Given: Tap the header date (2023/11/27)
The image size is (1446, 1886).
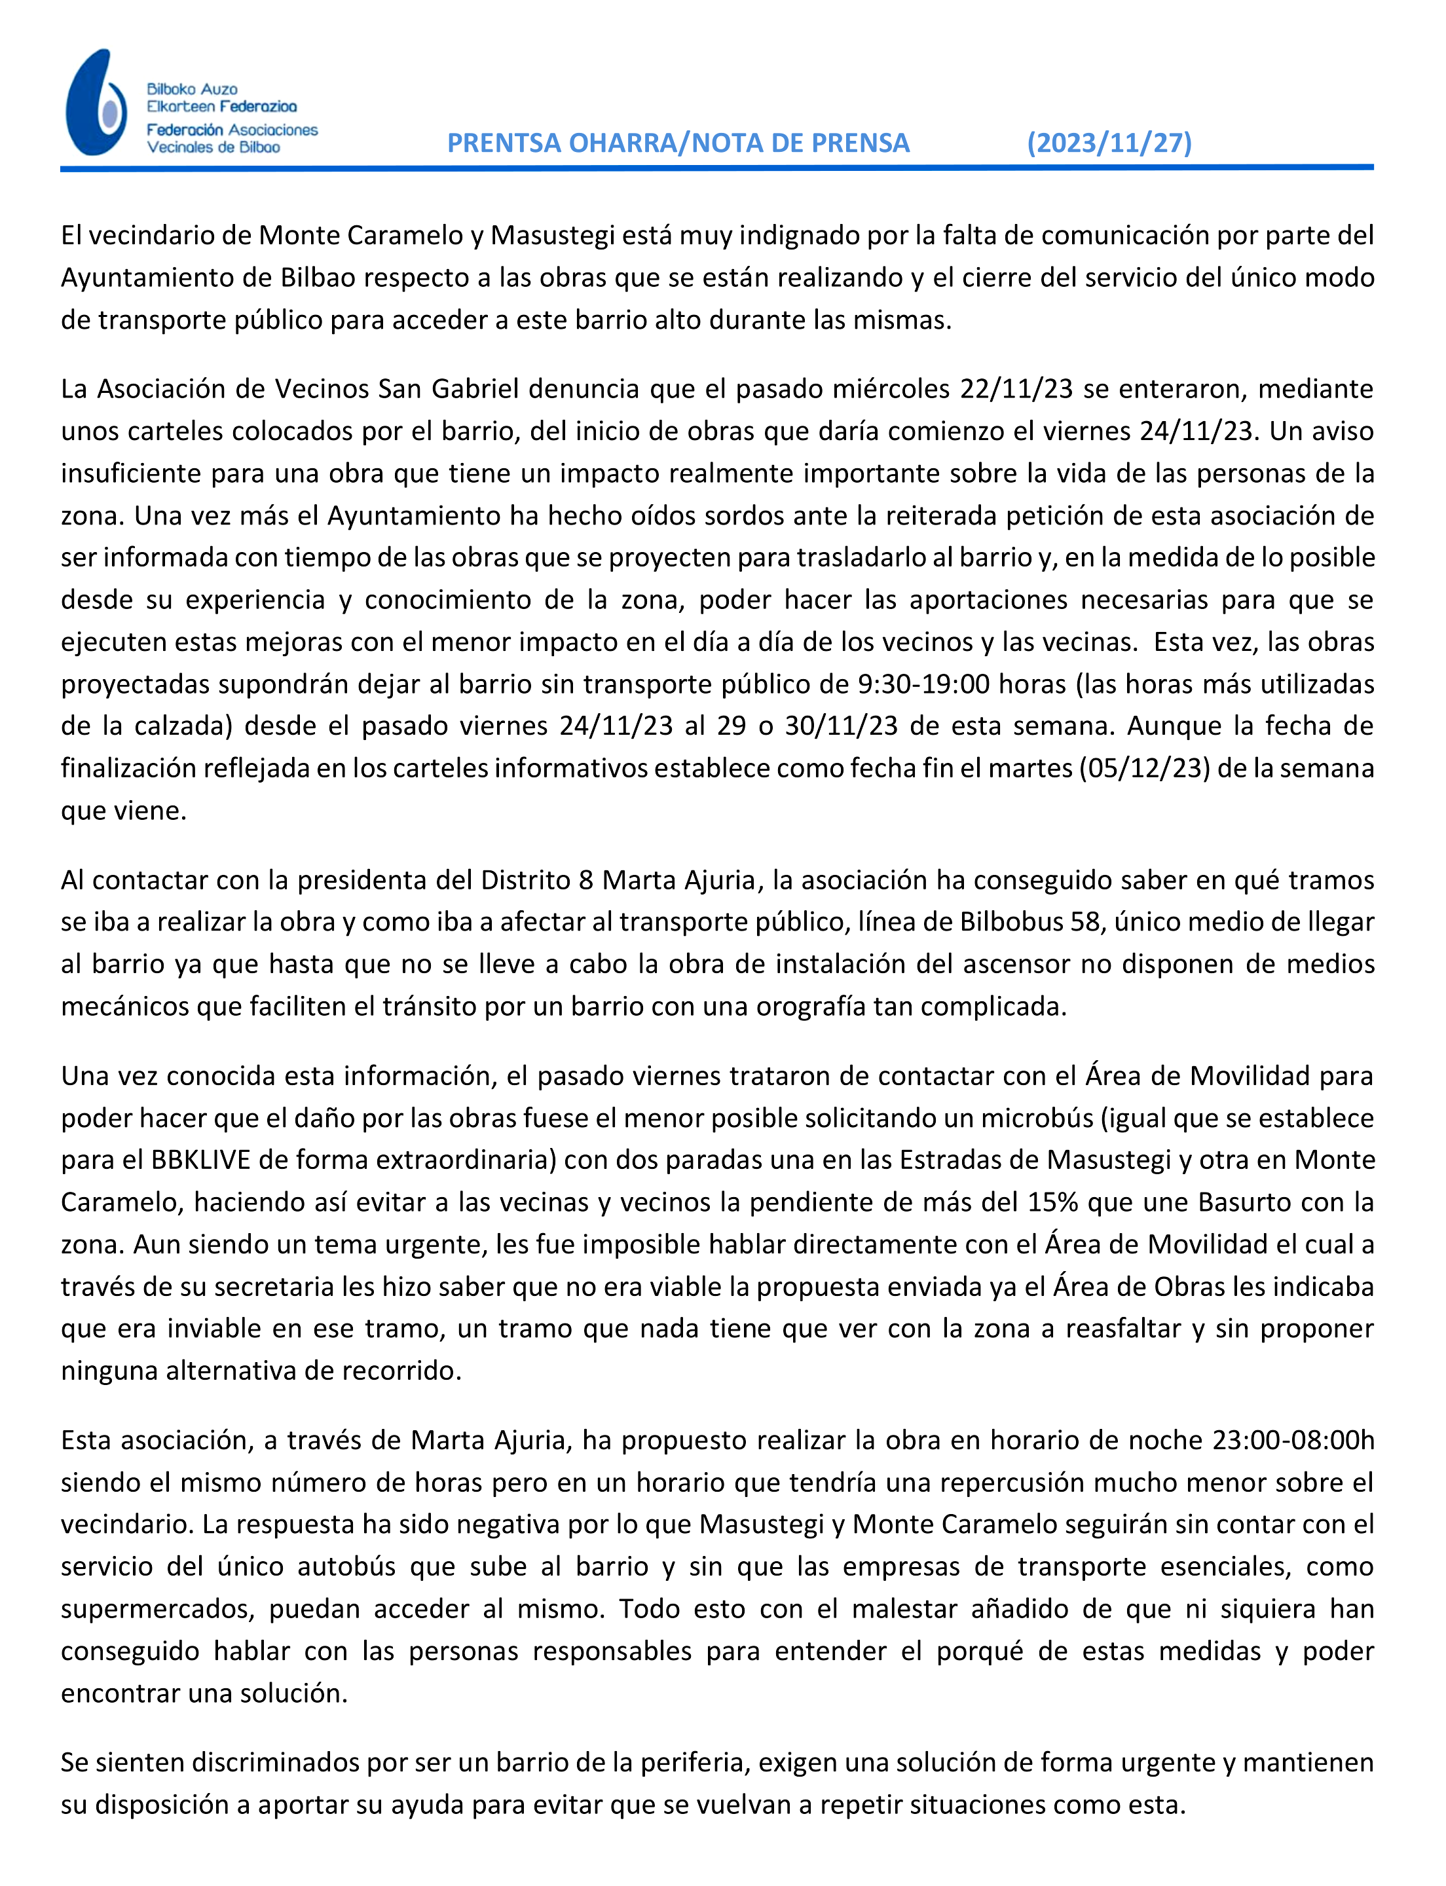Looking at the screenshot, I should point(1109,142).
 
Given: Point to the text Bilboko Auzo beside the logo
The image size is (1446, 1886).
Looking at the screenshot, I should point(192,88).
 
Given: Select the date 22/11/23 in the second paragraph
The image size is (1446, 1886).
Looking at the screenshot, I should point(1016,389).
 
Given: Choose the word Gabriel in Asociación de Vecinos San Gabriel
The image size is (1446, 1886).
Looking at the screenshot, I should point(474,389).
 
